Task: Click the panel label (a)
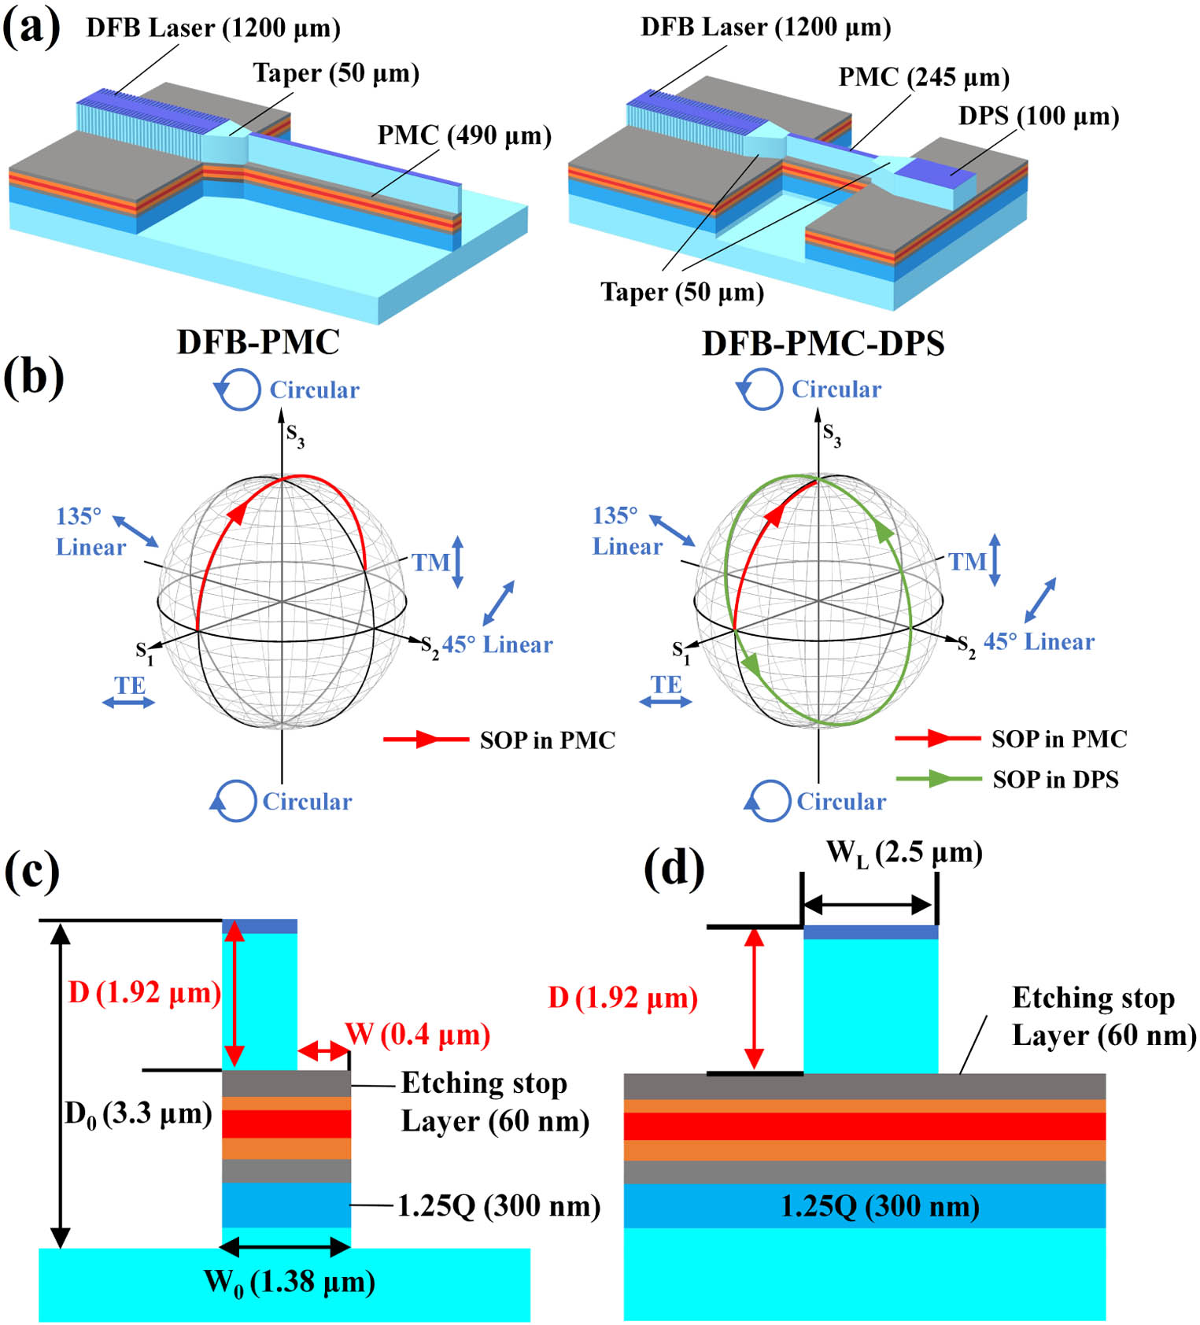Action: click(x=31, y=29)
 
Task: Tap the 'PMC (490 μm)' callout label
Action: click(x=464, y=135)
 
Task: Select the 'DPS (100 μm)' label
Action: click(x=1038, y=116)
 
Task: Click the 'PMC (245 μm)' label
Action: click(x=924, y=77)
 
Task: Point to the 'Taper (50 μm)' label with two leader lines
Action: click(x=682, y=292)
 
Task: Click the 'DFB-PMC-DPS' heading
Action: click(x=823, y=344)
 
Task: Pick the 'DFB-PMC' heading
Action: click(x=258, y=342)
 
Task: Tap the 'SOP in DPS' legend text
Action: click(x=1055, y=779)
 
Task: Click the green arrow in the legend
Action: click(x=938, y=779)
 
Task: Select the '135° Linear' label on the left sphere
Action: click(x=90, y=532)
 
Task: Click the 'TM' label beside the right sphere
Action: click(x=966, y=562)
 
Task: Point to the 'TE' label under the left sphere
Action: click(x=130, y=685)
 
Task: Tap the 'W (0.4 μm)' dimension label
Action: click(x=418, y=1034)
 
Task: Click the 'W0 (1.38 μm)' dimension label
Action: click(x=290, y=1283)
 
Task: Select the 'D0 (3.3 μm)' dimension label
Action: click(x=138, y=1114)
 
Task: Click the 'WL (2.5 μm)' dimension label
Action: click(x=904, y=853)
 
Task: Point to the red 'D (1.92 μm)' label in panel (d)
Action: click(x=622, y=998)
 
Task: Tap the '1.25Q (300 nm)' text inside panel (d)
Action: click(x=880, y=1206)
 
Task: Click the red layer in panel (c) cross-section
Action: click(x=286, y=1124)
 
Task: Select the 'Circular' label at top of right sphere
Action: click(x=836, y=389)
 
